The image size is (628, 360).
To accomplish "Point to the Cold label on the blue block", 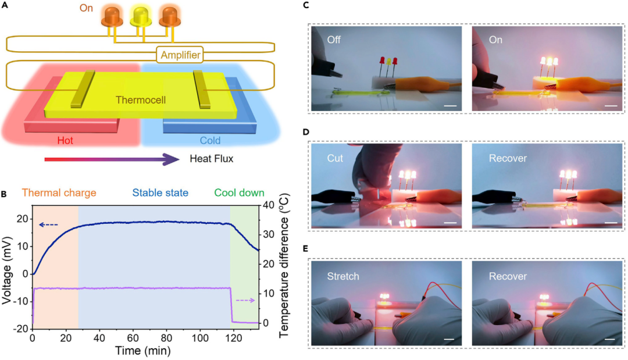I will (x=210, y=141).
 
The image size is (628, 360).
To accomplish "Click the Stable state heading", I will (x=160, y=193).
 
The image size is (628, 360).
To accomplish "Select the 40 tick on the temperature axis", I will (x=272, y=205).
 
